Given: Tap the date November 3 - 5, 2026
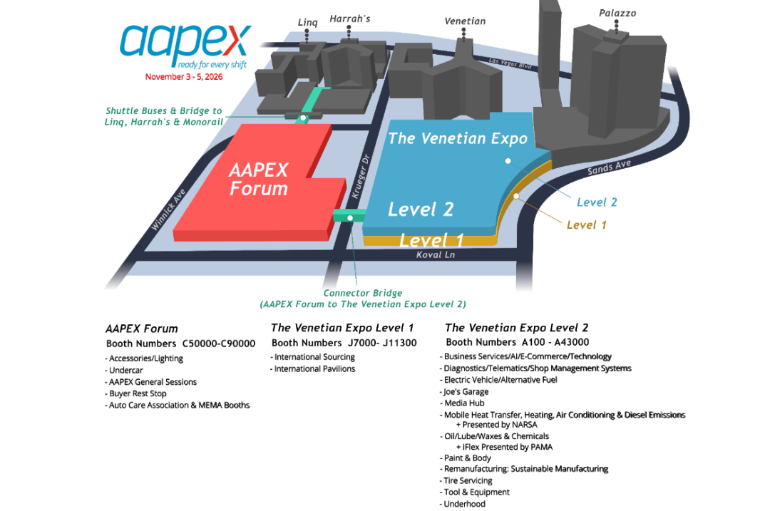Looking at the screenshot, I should click(x=184, y=77).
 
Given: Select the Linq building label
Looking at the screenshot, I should click(x=307, y=23).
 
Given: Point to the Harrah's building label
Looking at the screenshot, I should click(x=349, y=19).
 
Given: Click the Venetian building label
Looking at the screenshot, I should click(x=465, y=21).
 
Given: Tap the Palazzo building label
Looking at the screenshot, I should click(x=617, y=14).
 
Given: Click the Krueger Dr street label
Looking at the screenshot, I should click(x=359, y=177).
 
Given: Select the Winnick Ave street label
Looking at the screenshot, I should click(x=168, y=209).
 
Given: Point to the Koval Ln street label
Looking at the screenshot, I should click(x=436, y=254).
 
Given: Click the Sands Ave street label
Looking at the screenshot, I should click(x=609, y=168).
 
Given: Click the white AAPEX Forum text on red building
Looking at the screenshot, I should click(x=258, y=180).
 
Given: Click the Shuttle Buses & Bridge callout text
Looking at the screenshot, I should click(x=163, y=117).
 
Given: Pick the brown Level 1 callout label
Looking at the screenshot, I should click(x=586, y=225).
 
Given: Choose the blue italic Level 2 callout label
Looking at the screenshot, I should click(x=597, y=202).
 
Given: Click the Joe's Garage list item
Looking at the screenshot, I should click(x=466, y=391).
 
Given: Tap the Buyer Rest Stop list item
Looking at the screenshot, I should click(x=138, y=393).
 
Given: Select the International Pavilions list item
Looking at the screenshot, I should click(x=314, y=368).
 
